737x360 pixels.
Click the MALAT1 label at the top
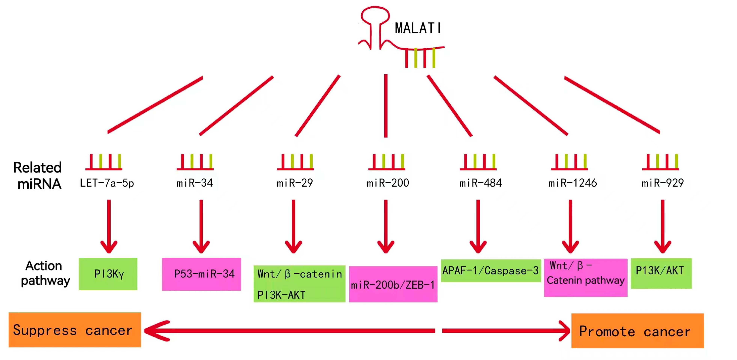pos(418,28)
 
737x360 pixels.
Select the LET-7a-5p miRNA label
pos(107,183)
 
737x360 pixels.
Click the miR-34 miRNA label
pos(195,183)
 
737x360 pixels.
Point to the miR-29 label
pos(295,183)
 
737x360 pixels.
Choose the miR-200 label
pos(388,183)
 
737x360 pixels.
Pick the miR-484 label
pos(480,183)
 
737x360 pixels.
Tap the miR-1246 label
pos(572,183)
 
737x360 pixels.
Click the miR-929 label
pos(663,183)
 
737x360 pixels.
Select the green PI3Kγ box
pos(108,274)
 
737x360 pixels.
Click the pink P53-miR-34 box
pos(201,274)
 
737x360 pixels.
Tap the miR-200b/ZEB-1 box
pos(393,284)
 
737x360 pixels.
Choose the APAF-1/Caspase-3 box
pos(491,270)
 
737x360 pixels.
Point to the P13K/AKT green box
pos(661,273)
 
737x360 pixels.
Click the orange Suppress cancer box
pos(75,330)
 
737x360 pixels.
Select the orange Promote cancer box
pos(637,331)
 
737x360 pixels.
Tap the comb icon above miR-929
pos(660,162)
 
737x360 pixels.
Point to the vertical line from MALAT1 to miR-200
pos(386,106)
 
